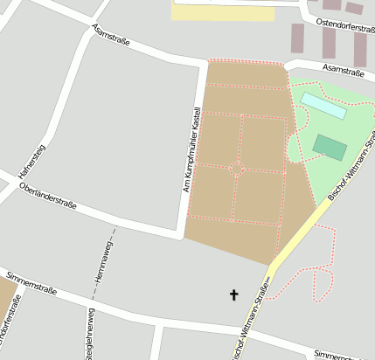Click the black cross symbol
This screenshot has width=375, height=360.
coord(234,295)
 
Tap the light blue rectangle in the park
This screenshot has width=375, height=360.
coord(323,106)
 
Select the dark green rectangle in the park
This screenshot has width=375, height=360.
coord(330,147)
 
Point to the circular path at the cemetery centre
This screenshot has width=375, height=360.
coord(235,169)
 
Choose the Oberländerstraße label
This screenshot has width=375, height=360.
coord(48,198)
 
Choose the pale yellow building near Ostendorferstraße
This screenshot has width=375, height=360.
coord(222,10)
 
